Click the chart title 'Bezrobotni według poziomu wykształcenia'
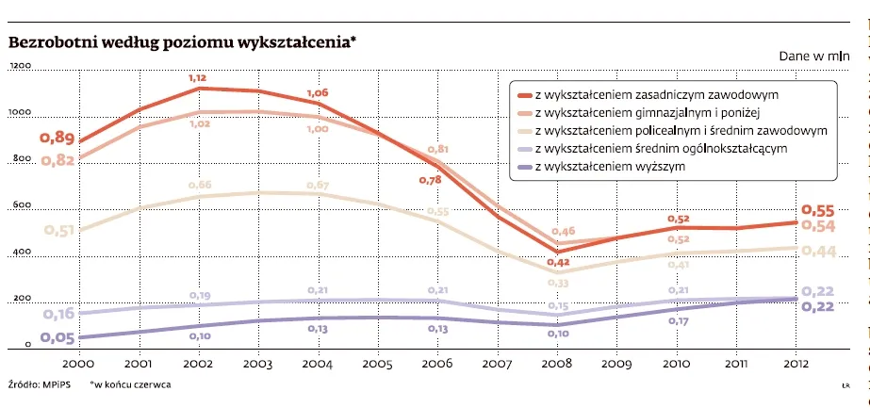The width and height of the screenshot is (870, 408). coord(182,43)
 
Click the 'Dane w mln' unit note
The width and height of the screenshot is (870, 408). coord(814,57)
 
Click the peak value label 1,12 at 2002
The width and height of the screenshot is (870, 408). coord(198,77)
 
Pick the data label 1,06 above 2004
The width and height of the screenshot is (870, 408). coord(318,92)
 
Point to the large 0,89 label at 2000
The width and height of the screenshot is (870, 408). coord(57,139)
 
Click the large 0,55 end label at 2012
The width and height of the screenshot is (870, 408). coord(817,210)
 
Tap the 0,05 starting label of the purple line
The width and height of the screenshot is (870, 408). coord(57,338)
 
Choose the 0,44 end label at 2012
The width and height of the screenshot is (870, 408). coord(817,251)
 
